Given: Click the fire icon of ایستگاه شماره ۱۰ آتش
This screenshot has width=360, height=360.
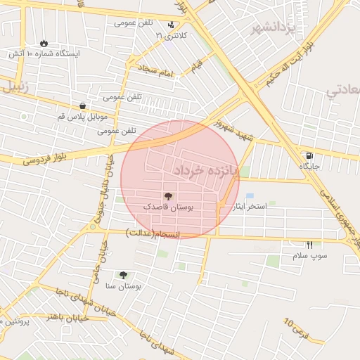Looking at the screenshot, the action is [44, 43].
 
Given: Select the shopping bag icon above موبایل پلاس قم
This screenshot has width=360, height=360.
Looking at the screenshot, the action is [82, 106].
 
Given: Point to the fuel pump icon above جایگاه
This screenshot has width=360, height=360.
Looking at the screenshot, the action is [309, 155].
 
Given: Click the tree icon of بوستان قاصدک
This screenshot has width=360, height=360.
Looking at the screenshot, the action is [168, 196].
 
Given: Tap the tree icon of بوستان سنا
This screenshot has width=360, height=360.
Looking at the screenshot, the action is [124, 275].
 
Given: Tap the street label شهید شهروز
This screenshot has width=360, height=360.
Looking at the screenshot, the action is [232, 131].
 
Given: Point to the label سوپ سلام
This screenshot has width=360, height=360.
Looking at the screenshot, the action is [310, 256].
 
